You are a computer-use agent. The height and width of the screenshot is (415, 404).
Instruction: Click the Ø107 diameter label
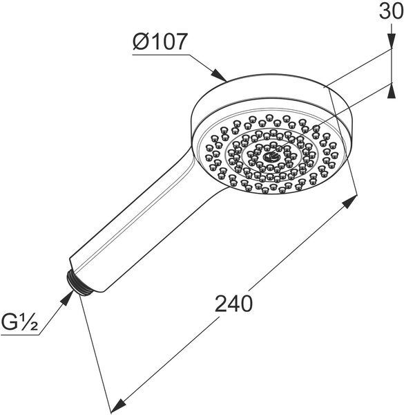(x=160, y=41)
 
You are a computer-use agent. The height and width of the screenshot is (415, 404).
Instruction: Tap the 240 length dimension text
(x=233, y=304)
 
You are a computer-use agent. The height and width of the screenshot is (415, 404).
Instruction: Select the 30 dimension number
(x=392, y=11)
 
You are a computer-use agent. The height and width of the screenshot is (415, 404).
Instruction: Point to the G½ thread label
(x=19, y=322)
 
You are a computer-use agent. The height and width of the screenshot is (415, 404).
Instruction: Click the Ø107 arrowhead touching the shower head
(x=220, y=75)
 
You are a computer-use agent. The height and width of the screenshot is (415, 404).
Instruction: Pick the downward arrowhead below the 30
(x=392, y=41)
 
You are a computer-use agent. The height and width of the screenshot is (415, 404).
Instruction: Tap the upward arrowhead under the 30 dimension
(x=392, y=91)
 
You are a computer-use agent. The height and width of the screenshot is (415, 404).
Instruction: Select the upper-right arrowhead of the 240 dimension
(x=349, y=202)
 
